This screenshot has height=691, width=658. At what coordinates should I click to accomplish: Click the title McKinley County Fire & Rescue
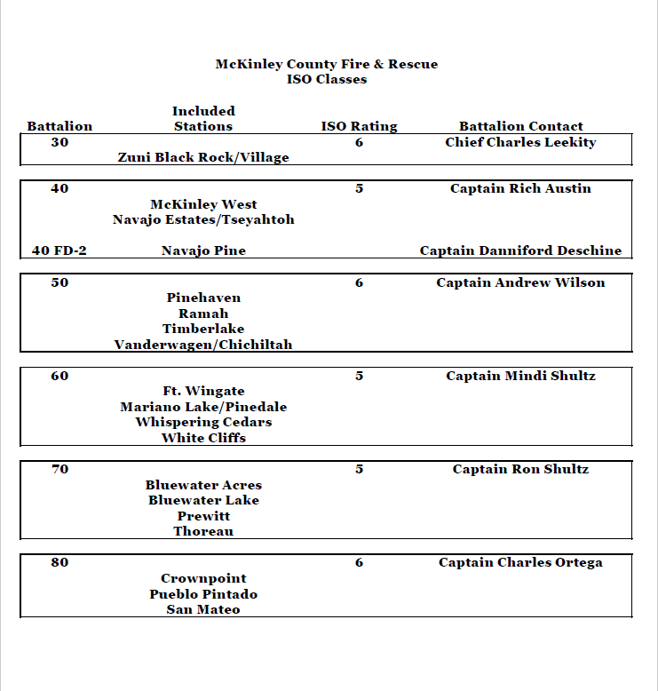(326, 64)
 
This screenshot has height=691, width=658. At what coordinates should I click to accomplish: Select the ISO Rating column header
(359, 126)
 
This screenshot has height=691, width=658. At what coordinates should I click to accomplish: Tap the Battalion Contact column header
(520, 126)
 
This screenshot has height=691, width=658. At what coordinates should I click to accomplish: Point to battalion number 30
(59, 142)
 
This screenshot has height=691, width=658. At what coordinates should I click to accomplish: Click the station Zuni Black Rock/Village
(203, 157)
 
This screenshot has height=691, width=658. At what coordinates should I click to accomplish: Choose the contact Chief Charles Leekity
(520, 142)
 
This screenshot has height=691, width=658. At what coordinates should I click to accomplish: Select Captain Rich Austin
(520, 188)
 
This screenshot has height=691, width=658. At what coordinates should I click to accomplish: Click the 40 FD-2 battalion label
(59, 250)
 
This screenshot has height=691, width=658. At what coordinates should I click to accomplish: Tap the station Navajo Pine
(203, 250)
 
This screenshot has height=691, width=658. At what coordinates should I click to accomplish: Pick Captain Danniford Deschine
(520, 250)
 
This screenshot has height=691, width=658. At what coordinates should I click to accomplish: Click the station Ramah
(203, 314)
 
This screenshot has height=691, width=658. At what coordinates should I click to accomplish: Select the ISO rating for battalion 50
(359, 282)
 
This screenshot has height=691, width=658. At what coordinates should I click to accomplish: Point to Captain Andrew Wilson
(520, 282)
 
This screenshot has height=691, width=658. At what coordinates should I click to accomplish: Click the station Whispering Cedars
(203, 422)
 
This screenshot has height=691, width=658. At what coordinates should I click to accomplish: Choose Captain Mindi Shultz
(520, 376)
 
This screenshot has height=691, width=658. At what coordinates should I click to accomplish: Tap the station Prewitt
(203, 516)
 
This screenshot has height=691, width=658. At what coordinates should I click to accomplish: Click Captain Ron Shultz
(520, 469)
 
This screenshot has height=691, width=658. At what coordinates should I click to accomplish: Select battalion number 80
(59, 562)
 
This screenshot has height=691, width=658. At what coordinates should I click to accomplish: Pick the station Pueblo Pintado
(203, 593)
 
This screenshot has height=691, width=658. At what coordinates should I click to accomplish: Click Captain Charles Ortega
(520, 562)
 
